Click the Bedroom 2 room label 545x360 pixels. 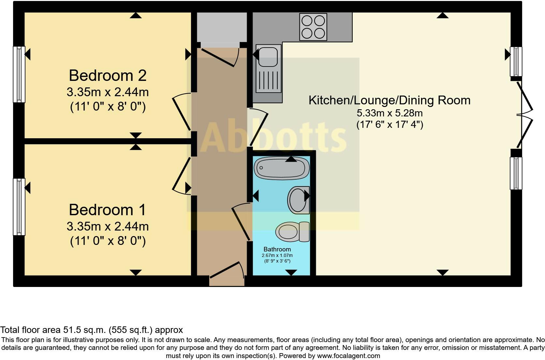108,76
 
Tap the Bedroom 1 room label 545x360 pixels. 108,210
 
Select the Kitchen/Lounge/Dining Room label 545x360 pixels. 390,100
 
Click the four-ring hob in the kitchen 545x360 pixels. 313,27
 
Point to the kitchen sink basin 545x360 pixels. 268,54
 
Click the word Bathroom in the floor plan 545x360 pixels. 277,249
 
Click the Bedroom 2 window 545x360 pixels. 19,74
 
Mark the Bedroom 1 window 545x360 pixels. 19,206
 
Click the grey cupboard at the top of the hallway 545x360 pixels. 222,28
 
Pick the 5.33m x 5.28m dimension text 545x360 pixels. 390,113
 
